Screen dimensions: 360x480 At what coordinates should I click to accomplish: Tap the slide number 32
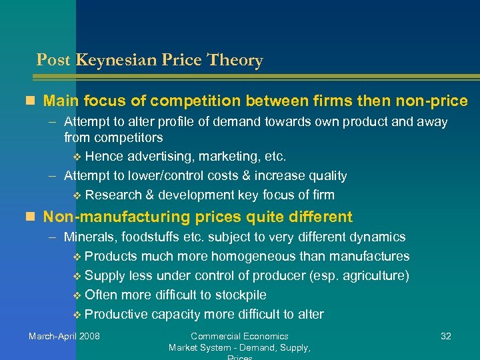coord(446,336)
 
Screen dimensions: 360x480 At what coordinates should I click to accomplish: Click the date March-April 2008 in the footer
coord(64,336)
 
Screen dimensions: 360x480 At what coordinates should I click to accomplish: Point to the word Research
coord(111,195)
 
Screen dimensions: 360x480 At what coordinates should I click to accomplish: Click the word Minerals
coord(87,237)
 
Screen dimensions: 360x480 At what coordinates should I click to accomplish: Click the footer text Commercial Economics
coord(239,336)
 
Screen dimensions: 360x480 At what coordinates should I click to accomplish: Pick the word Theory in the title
coord(235,61)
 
